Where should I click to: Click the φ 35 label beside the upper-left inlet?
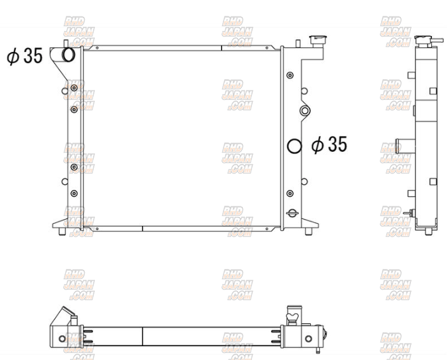click(25, 56)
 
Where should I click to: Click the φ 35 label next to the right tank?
click(329, 144)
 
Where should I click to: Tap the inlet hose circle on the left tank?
click(68, 54)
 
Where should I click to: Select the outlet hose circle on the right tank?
click(294, 146)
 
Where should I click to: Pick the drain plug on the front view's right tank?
click(293, 213)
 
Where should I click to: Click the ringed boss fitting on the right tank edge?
click(305, 111)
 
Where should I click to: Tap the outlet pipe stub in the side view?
click(405, 146)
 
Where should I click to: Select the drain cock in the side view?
click(408, 213)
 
